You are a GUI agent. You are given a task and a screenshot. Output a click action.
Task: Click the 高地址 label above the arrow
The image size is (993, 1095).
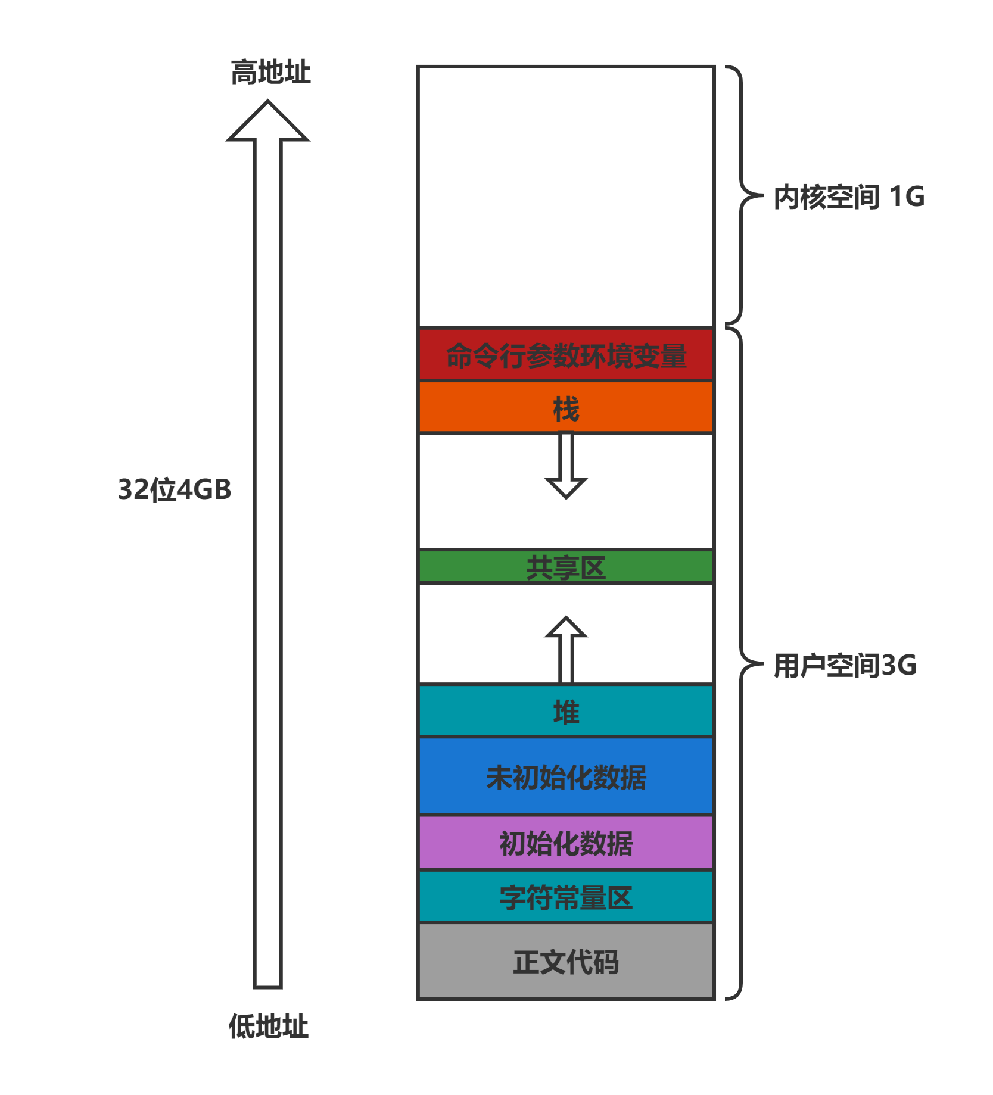click(270, 72)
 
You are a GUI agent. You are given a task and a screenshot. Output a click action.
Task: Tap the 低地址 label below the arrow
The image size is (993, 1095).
click(269, 1026)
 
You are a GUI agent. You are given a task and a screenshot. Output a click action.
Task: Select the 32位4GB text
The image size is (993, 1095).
click(175, 489)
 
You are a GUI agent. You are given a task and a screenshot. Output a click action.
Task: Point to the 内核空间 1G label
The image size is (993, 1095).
click(848, 196)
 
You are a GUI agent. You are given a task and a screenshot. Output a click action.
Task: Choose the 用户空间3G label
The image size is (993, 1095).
click(845, 665)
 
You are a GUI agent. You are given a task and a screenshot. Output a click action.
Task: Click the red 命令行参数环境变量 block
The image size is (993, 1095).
click(566, 355)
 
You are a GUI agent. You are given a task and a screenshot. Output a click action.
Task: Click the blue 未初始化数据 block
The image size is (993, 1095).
click(566, 776)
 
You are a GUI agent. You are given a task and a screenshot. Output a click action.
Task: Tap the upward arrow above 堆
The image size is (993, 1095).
click(566, 649)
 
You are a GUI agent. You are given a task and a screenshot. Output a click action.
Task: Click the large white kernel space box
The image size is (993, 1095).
click(566, 196)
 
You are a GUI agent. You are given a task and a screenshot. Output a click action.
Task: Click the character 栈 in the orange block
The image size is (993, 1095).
click(566, 408)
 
